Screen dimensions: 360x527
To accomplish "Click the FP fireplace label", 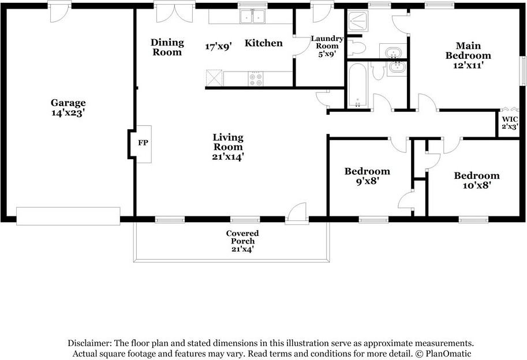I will coord(143,142).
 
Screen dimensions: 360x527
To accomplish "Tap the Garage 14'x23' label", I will coord(68,108).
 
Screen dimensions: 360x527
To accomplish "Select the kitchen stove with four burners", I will coord(256,78).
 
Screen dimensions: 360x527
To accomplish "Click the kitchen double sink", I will coord(252,17).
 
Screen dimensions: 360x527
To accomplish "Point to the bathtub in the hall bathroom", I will coord(357,85).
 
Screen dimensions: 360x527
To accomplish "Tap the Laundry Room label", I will coord(327,46).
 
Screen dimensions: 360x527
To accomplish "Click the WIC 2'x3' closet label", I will coord(510,122).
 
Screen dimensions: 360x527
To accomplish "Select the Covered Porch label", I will coord(242,241).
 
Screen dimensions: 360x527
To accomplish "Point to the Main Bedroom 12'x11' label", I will coord(468,55).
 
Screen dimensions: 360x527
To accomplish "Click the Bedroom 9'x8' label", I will coord(367,176).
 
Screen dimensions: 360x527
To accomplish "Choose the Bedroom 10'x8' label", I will coord(476,180).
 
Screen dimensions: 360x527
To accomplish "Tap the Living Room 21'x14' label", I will coord(228,146).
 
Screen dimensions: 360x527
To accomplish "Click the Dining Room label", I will coord(167,47).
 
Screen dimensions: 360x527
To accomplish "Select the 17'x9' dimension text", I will coord(218,46).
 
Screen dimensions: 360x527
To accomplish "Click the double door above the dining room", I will coord(174,12).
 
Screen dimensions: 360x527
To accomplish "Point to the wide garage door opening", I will coord(68,216).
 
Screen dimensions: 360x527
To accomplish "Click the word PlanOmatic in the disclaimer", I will coord(453,353).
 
